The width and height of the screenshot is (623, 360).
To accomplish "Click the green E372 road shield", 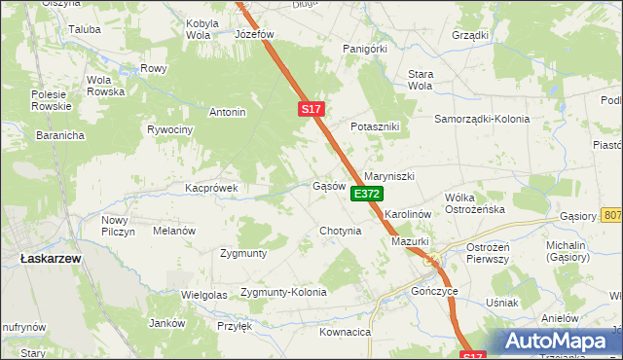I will coord(367,195).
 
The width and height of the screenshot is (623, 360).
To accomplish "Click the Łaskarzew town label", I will coord(49,258).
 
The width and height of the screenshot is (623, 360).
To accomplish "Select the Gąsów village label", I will coord(329,186).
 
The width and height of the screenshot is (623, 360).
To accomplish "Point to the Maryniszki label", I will coord(389,176).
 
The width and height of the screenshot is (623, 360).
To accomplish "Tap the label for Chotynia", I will coord(341,232).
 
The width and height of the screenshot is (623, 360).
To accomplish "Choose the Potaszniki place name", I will coord(376,127).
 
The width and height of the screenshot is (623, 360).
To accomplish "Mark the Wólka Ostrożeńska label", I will coord(474,202).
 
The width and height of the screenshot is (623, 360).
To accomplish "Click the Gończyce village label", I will coord(434,291).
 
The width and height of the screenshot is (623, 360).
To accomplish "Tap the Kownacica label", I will coord(346,332).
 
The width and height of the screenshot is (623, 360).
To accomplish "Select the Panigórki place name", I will coord(366,48).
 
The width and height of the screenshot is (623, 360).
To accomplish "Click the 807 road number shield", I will coord(611,215).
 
